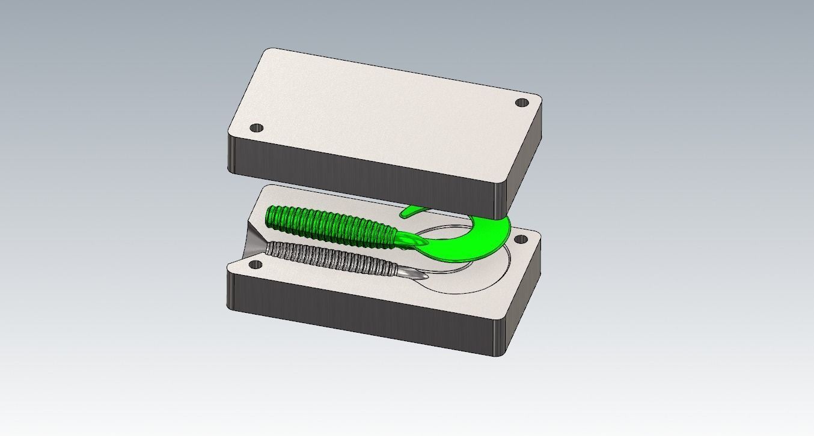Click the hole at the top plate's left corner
pyautogui.click(x=257, y=128)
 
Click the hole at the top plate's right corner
pyautogui.click(x=521, y=103)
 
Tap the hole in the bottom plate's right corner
pyautogui.click(x=521, y=240)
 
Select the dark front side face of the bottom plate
pyautogui.click(x=361, y=312)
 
